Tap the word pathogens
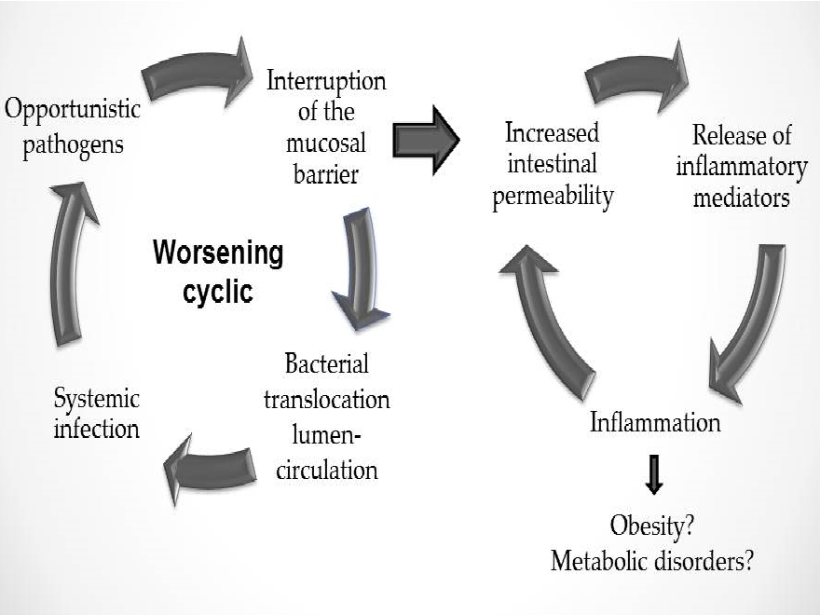tap(74, 145)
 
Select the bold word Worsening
tap(218, 253)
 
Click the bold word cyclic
tap(218, 292)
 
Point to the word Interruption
tap(326, 82)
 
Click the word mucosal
tap(326, 143)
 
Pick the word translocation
tap(327, 400)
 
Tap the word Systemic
tap(97, 400)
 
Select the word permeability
tap(553, 197)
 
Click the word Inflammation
tap(655, 422)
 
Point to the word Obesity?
tap(651, 526)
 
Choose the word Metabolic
tap(599, 561)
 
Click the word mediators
tap(741, 198)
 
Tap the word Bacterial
tap(327, 363)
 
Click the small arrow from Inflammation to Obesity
tap(654, 474)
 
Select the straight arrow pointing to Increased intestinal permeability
tap(426, 140)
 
